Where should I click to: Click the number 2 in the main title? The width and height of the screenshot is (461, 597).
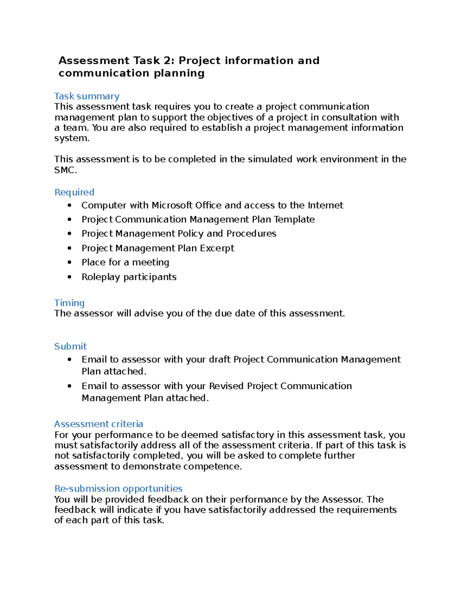click(167, 61)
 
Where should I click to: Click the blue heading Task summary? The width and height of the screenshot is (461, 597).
click(86, 96)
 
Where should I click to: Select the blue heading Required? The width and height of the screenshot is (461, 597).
click(74, 192)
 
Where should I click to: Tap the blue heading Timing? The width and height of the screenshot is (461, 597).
click(69, 303)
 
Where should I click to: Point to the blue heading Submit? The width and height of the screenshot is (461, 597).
click(70, 346)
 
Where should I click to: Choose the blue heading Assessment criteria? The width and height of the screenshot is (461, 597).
click(98, 424)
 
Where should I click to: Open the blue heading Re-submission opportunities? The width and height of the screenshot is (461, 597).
click(118, 489)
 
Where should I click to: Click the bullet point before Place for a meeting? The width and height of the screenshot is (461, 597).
click(69, 263)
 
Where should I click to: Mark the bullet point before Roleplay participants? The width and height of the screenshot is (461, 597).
click(69, 277)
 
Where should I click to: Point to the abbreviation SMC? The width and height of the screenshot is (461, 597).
click(65, 170)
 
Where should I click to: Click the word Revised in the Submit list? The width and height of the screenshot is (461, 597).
click(226, 386)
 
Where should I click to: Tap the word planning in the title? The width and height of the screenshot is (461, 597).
click(179, 73)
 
